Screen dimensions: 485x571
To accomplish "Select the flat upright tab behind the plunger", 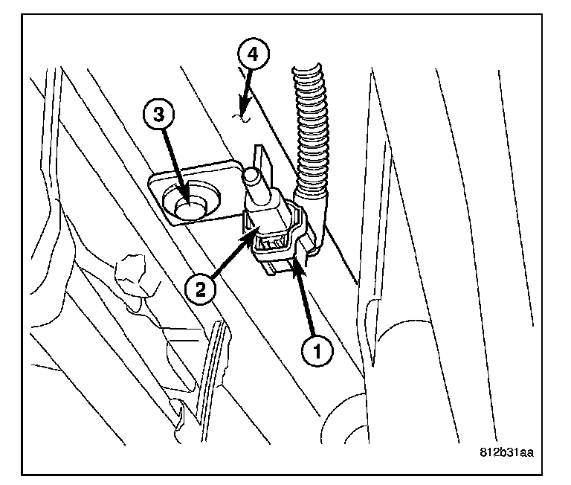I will click(x=261, y=160).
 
